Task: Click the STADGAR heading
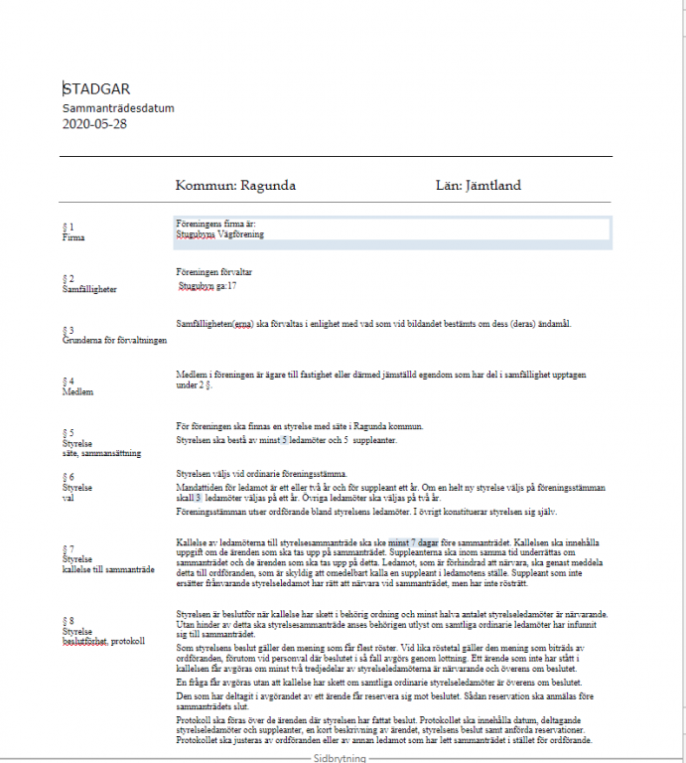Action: (x=96, y=89)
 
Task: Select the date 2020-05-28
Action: (x=94, y=124)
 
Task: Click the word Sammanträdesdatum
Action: (x=118, y=107)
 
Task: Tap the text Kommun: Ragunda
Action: (x=235, y=185)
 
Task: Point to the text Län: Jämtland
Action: (x=479, y=185)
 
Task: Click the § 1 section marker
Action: (x=68, y=228)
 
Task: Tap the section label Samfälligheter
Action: (x=89, y=289)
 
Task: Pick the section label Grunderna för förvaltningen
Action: (x=114, y=340)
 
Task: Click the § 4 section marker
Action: (x=68, y=381)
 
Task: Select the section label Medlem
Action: (x=77, y=391)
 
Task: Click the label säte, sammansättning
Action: (x=100, y=453)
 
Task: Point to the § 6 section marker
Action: (x=68, y=478)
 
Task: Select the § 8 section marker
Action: (x=68, y=621)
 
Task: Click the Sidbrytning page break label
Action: (x=341, y=757)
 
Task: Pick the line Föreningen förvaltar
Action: (x=213, y=271)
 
